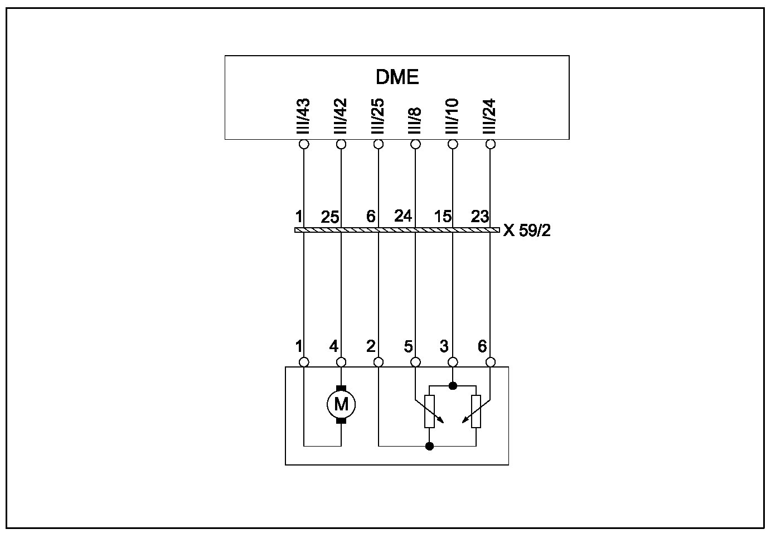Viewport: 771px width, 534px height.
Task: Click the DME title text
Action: pos(397,77)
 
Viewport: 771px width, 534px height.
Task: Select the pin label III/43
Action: pos(304,117)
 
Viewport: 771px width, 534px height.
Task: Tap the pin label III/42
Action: pos(341,117)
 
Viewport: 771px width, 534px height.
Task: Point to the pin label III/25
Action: pos(378,117)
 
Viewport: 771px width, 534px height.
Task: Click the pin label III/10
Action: pos(452,117)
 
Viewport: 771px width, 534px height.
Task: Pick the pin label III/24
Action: pos(489,117)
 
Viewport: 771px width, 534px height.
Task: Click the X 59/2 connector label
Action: pos(526,231)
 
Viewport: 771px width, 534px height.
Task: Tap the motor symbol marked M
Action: pos(341,404)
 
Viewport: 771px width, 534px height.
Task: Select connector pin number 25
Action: pos(329,217)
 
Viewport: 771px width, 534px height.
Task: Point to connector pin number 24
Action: pos(403,215)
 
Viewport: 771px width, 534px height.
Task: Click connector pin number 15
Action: pos(443,216)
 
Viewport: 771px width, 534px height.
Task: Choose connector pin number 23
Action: pos(479,216)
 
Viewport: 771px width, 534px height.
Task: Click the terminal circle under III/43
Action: pos(304,145)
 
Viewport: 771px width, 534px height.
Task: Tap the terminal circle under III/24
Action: pos(491,145)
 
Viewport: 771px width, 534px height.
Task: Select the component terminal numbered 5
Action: pos(415,362)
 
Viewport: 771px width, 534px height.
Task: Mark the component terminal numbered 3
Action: pos(453,362)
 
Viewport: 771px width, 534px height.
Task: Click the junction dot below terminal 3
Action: pos(453,385)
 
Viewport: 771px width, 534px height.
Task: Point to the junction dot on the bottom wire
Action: pos(429,446)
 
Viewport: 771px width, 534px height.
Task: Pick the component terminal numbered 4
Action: pos(341,362)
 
